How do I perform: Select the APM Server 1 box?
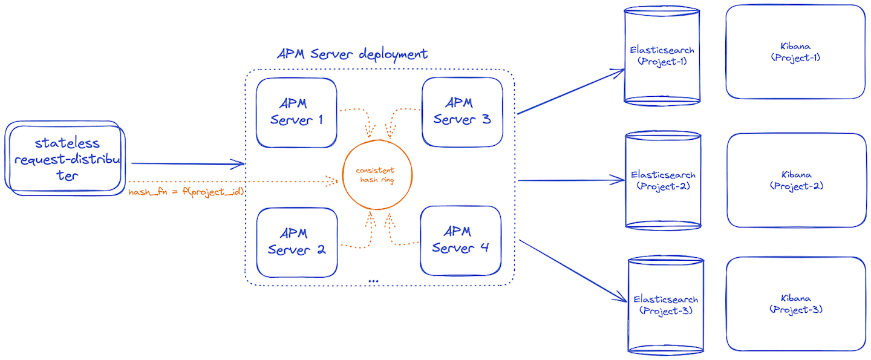(296, 112)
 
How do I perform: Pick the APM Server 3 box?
(462, 111)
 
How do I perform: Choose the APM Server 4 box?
(460, 240)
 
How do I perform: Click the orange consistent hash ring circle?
(377, 175)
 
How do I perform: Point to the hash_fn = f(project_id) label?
(186, 192)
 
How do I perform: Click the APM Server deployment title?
(353, 54)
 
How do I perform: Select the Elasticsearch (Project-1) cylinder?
(662, 56)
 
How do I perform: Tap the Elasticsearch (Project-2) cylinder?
(663, 180)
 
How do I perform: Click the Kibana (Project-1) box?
(795, 51)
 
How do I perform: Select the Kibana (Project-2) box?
(796, 180)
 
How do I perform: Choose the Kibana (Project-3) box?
(796, 304)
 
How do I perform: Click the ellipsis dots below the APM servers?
(373, 281)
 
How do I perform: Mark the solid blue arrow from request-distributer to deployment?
(188, 163)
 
